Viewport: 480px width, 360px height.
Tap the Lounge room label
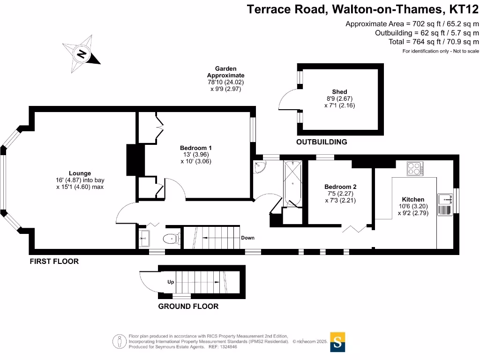pyautogui.click(x=80, y=173)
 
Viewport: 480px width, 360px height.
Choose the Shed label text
pyautogui.click(x=339, y=92)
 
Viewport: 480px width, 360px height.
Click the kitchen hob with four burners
pyautogui.click(x=414, y=168)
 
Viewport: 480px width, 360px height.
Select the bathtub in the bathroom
pyautogui.click(x=293, y=183)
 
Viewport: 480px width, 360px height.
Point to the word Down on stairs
pyautogui.click(x=247, y=238)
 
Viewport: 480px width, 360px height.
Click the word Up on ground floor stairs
pyautogui.click(x=171, y=282)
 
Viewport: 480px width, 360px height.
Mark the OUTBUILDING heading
pyautogui.click(x=322, y=142)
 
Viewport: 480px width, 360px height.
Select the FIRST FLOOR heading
pyautogui.click(x=54, y=262)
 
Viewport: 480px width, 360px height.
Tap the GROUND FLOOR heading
pyautogui.click(x=188, y=307)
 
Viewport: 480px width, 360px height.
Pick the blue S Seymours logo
pyautogui.click(x=337, y=342)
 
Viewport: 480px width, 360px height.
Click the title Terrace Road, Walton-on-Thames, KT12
pyautogui.click(x=363, y=9)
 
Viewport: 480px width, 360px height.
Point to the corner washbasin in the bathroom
pyautogui.click(x=258, y=167)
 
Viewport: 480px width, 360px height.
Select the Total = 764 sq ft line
pyautogui.click(x=434, y=42)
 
